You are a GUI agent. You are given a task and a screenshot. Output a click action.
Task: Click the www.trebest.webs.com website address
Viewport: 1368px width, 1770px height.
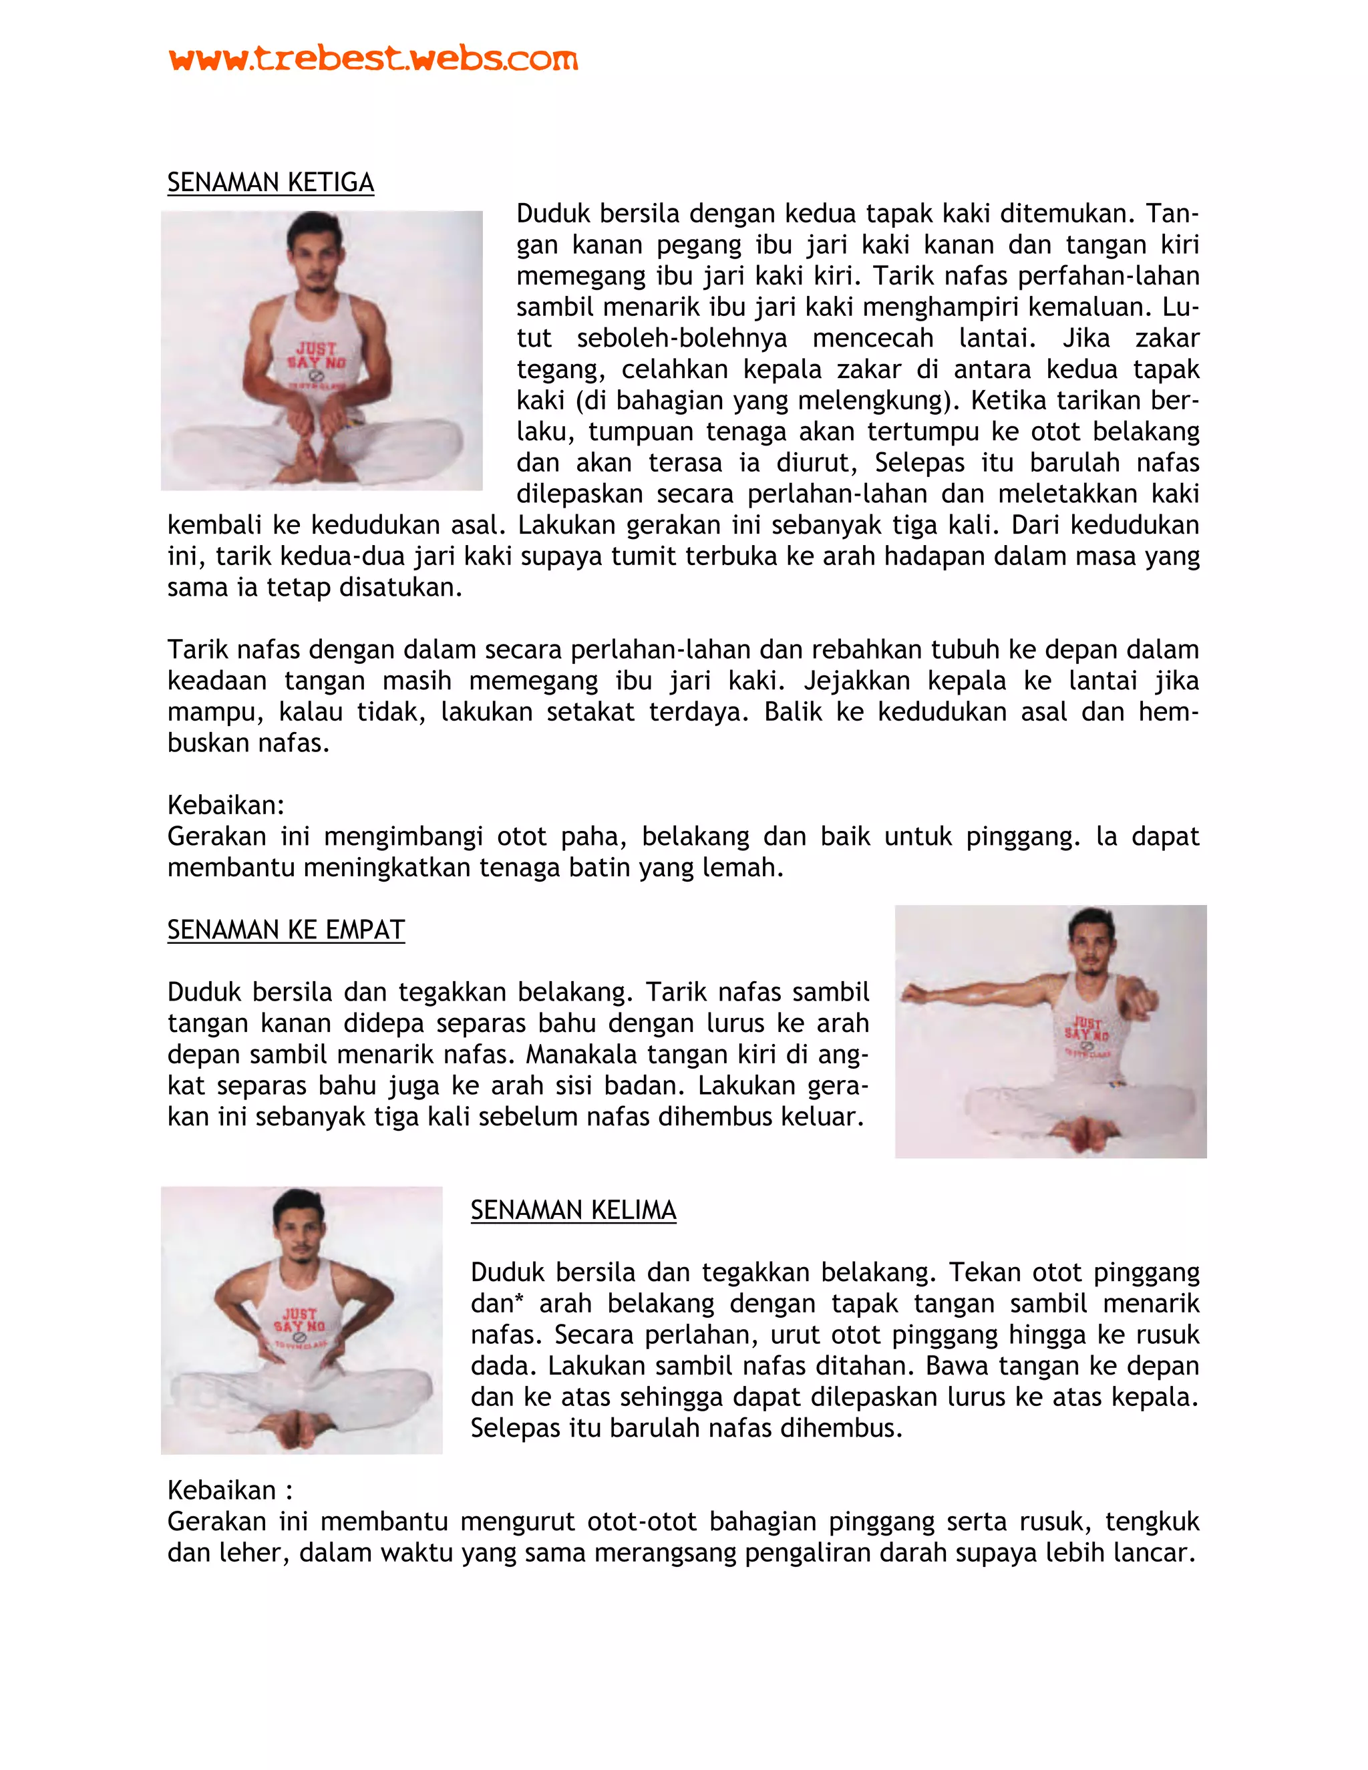pyautogui.click(x=373, y=58)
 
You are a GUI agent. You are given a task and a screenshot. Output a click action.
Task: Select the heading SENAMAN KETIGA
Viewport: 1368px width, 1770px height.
pyautogui.click(x=270, y=182)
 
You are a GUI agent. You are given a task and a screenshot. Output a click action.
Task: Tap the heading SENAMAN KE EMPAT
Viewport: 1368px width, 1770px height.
pyautogui.click(x=285, y=930)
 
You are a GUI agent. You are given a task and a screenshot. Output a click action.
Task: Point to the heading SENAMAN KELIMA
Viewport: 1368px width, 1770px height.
pyautogui.click(x=573, y=1210)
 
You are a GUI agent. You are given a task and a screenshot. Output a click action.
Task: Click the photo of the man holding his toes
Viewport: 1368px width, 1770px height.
pyautogui.click(x=322, y=350)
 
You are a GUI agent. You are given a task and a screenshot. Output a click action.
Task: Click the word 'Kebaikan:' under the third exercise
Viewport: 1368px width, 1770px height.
pyautogui.click(x=226, y=805)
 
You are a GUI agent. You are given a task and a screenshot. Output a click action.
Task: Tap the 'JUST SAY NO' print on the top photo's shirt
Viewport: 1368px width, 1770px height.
pyautogui.click(x=317, y=356)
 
